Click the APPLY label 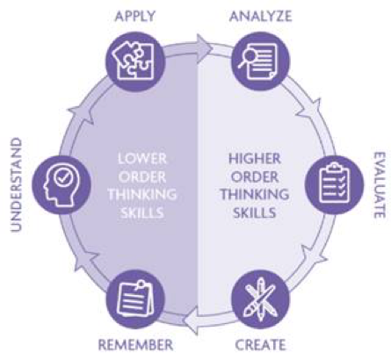pos(134,16)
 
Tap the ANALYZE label pos(261,16)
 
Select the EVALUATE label pos(380,185)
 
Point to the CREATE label pos(260,345)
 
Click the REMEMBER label pos(135,345)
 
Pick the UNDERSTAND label pos(17,185)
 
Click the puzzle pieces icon pos(134,61)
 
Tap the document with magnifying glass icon pos(257,61)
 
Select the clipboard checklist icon pos(334,184)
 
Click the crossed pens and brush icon pos(260,299)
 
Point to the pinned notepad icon pos(135,299)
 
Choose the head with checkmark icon pos(62,184)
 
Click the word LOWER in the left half pos(142,159)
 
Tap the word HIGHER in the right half pos(254,159)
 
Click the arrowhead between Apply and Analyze pos(204,48)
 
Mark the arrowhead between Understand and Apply pos(81,112)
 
